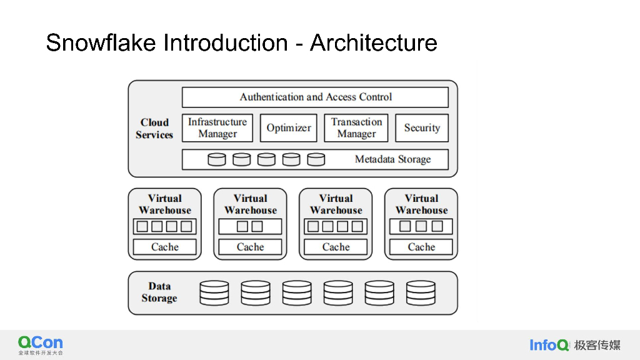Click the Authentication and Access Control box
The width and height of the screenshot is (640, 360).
[315, 97]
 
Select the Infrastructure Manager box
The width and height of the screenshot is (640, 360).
[217, 127]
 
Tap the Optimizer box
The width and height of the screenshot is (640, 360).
[288, 127]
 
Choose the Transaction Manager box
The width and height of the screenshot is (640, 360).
[356, 127]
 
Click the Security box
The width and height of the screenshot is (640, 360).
[422, 127]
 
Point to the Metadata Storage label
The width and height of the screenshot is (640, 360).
[392, 159]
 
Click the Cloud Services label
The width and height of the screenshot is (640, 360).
[154, 128]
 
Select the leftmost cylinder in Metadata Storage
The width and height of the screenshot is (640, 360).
[217, 159]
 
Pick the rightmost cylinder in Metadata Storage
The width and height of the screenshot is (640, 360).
[316, 159]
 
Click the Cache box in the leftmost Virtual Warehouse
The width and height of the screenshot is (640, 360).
[165, 247]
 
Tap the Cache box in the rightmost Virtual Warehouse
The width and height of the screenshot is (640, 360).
[421, 247]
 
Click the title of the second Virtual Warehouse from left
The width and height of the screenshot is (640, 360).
[251, 204]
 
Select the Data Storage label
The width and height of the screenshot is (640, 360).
[159, 292]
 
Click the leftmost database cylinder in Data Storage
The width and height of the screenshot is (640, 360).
[214, 292]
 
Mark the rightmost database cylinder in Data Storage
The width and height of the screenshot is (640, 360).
[421, 292]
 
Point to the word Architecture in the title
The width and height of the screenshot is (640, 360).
[373, 43]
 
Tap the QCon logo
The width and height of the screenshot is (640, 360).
[41, 343]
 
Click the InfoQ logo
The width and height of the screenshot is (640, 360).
[549, 345]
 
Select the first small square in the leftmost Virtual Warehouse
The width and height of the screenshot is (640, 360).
[142, 226]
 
